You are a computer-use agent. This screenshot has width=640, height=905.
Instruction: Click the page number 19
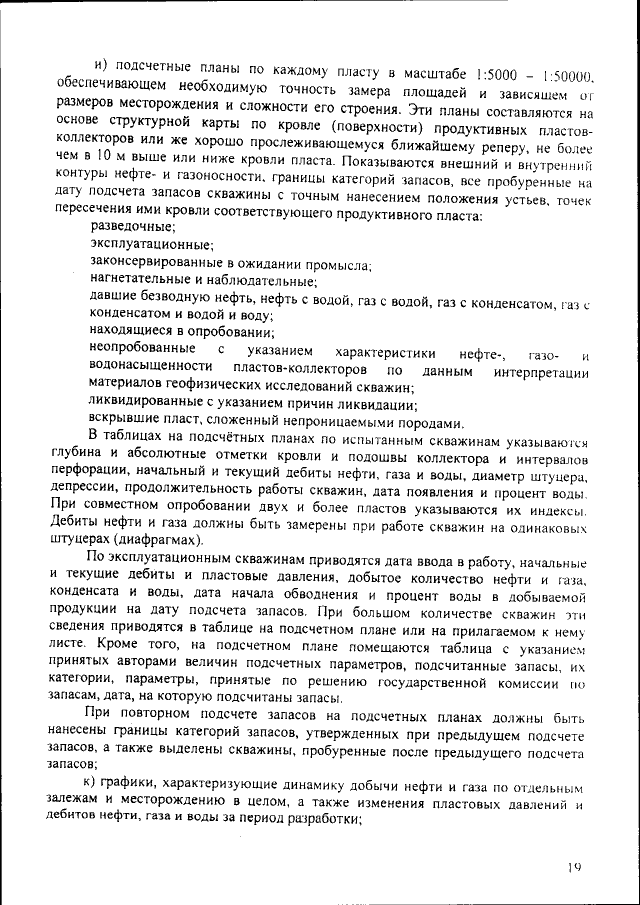(574, 867)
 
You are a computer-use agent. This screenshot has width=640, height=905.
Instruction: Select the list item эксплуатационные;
(150, 245)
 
